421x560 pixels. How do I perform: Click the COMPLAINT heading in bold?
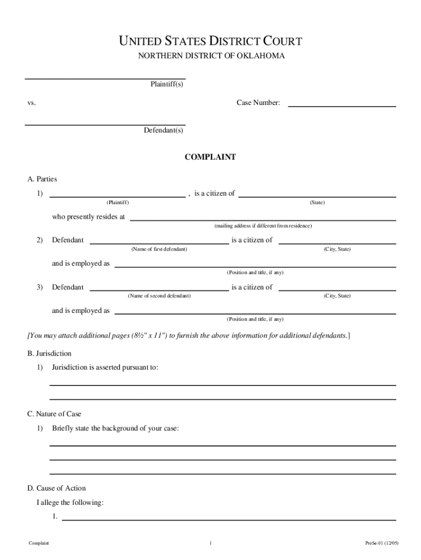click(210, 157)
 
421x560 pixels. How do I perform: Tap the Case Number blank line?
click(342, 106)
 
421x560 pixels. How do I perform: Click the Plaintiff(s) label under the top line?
click(167, 84)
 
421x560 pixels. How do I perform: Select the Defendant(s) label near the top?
click(163, 131)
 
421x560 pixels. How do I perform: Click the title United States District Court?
click(210, 42)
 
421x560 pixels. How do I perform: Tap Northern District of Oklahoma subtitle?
click(210, 56)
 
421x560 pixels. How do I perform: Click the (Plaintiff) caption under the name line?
click(118, 202)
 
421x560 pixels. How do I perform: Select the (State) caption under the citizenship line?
click(317, 202)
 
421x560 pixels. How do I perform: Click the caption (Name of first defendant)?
click(159, 249)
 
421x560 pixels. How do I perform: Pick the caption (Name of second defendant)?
click(159, 296)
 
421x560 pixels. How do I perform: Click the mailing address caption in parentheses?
click(263, 226)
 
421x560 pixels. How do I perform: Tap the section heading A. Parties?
click(42, 179)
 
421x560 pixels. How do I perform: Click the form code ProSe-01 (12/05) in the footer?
click(382, 543)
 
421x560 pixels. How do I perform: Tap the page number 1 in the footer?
click(210, 543)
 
